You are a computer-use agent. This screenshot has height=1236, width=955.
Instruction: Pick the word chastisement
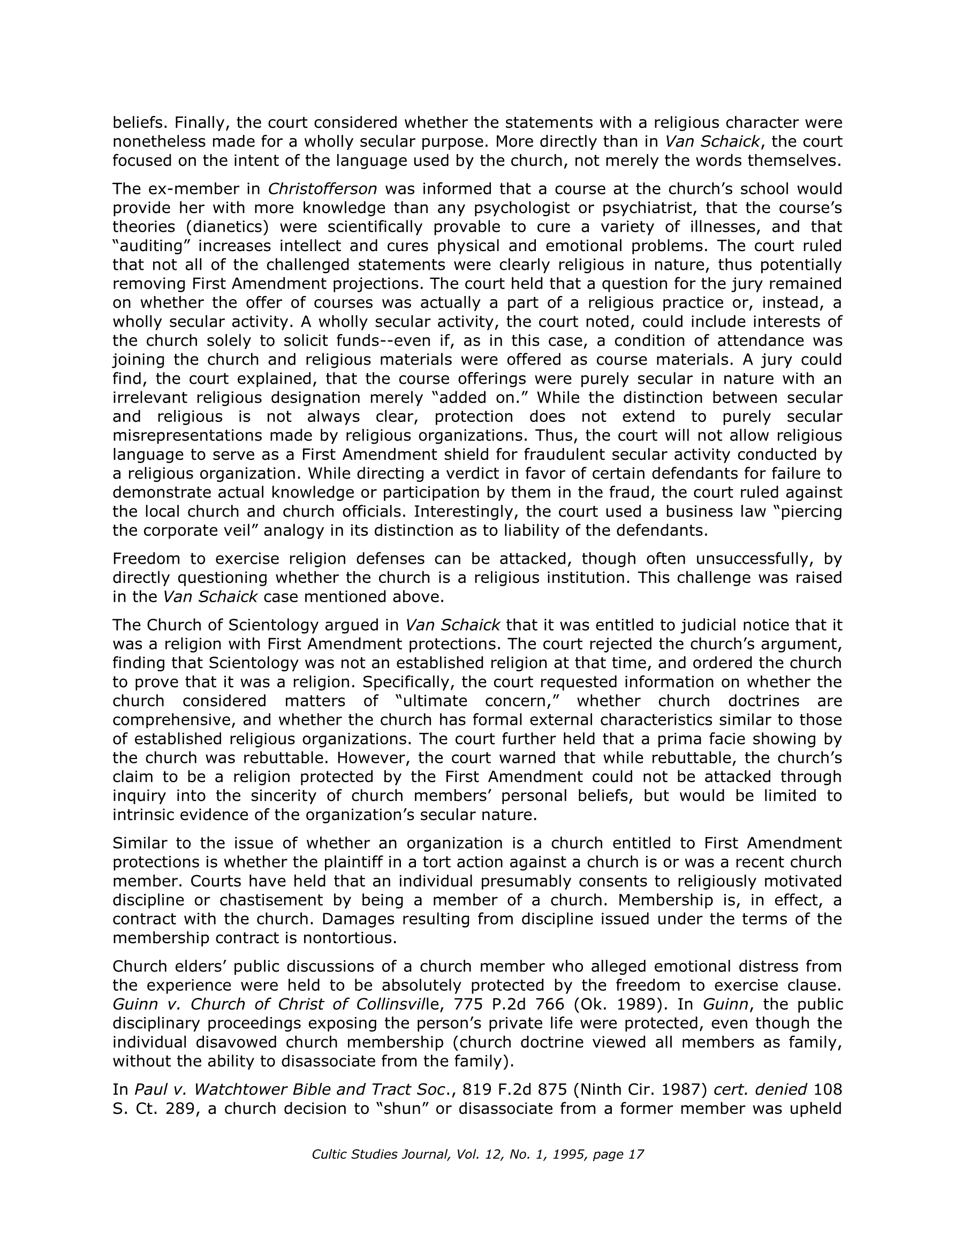pos(275,900)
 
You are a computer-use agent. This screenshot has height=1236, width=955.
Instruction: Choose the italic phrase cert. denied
pos(760,1089)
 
